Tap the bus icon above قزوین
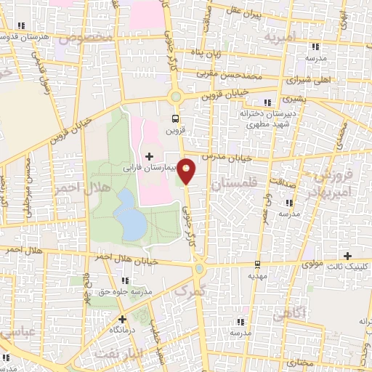click(174, 118)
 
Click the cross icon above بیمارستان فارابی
click(150, 155)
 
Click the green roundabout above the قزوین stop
click(174, 96)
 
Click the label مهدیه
click(257, 275)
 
